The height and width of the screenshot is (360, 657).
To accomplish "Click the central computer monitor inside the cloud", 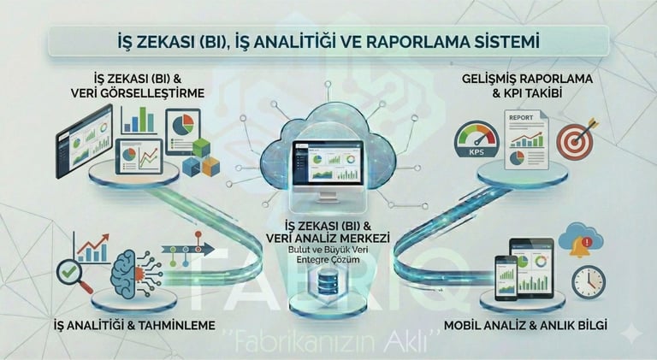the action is [x=328, y=168].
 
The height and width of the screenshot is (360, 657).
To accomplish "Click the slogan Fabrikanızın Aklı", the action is [x=328, y=342].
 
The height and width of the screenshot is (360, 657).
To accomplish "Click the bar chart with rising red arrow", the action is [x=93, y=246].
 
